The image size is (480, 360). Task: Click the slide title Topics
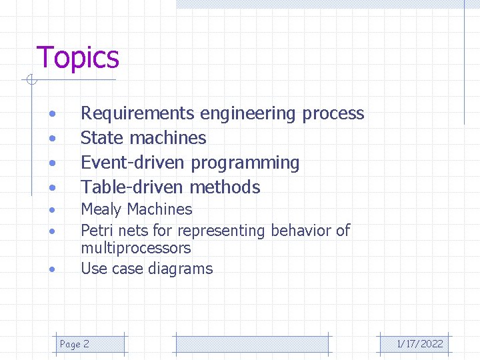pyautogui.click(x=77, y=58)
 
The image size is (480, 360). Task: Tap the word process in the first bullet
pyautogui.click(x=333, y=114)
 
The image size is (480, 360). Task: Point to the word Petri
pyautogui.click(x=97, y=231)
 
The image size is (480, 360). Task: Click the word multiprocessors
pyautogui.click(x=135, y=249)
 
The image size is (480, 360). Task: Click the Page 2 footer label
pyautogui.click(x=75, y=344)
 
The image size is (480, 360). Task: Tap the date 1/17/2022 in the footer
pyautogui.click(x=420, y=344)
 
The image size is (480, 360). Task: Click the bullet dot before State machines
pyautogui.click(x=51, y=139)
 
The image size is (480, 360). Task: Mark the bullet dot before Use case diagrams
pyautogui.click(x=51, y=270)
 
